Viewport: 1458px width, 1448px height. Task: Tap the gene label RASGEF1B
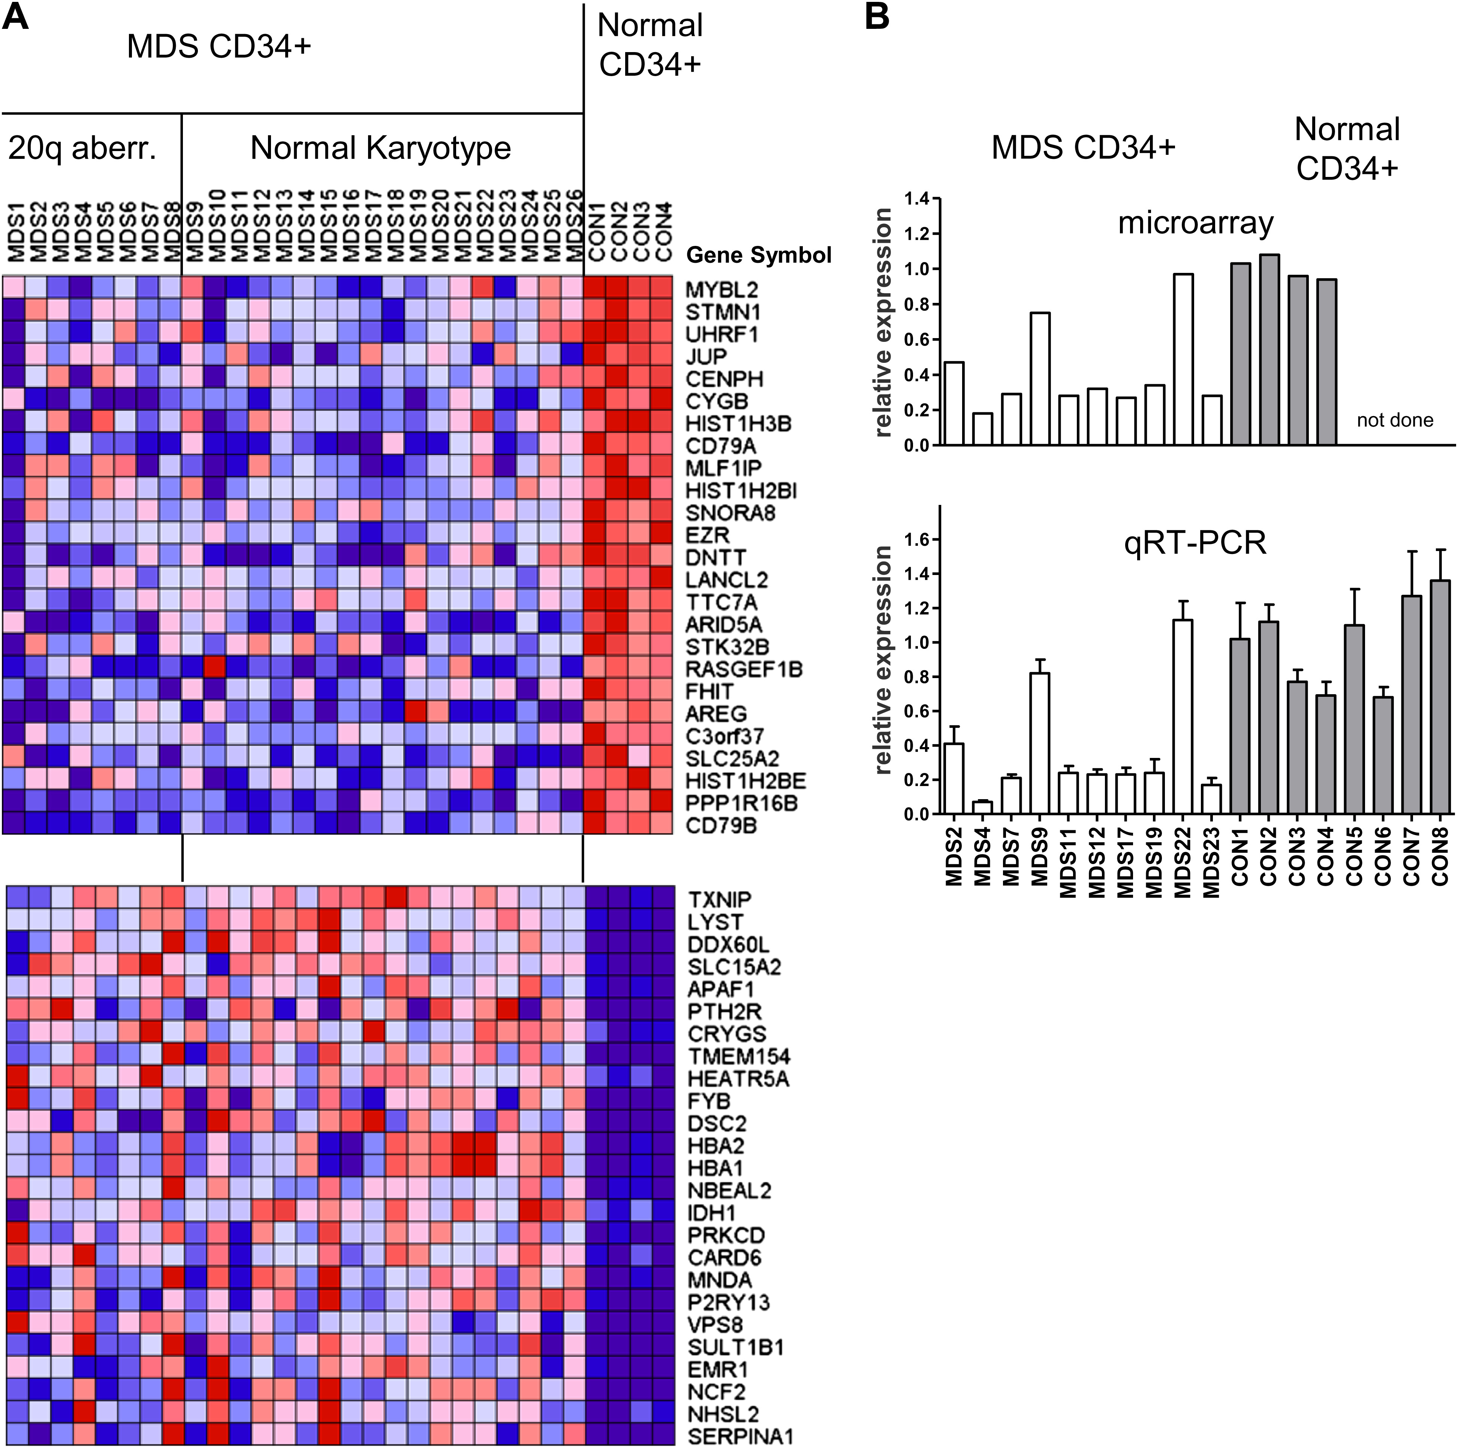tap(743, 669)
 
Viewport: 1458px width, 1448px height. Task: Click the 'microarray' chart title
tap(1195, 223)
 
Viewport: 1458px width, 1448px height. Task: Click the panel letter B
tap(877, 16)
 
